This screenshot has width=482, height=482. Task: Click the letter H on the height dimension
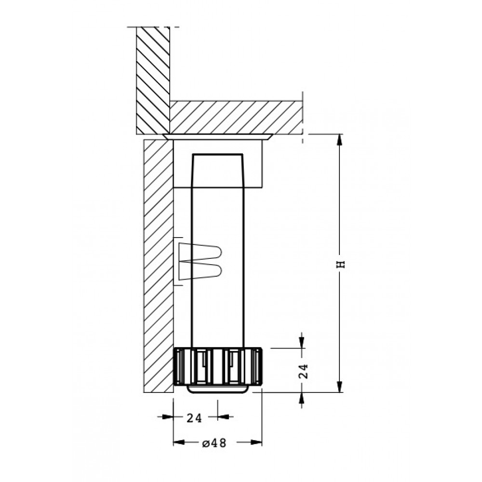[x=342, y=264]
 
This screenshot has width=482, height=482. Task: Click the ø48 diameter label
[x=214, y=443]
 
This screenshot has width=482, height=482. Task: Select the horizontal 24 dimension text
[x=194, y=418]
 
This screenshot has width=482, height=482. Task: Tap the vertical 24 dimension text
[x=303, y=371]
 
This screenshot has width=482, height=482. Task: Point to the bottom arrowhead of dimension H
[x=339, y=387]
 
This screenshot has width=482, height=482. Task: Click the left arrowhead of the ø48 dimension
[x=179, y=442]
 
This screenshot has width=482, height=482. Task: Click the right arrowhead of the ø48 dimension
[x=256, y=442]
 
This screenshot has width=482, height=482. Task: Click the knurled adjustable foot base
[x=218, y=366]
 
